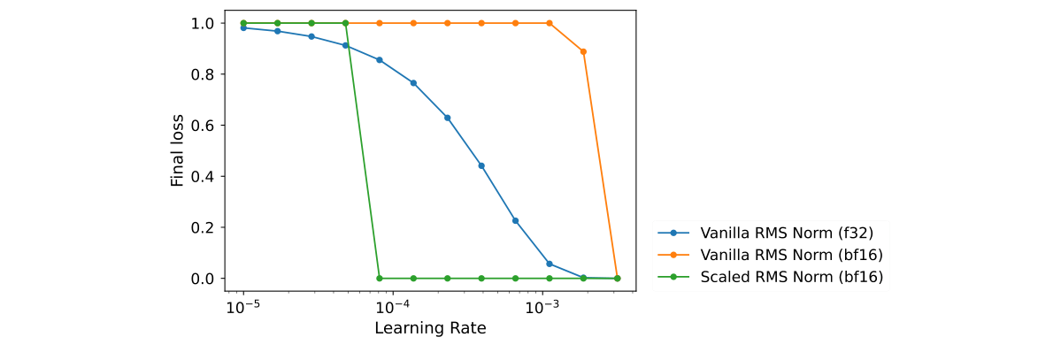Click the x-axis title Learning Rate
430,328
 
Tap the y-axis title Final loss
177,150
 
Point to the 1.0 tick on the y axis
203,23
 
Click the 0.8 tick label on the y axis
203,74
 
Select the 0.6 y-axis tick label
203,126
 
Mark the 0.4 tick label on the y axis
203,176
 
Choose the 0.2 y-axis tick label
203,227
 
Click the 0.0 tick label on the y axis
203,279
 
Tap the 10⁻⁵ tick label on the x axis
242,306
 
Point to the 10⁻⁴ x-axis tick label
392,306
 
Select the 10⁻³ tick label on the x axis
542,306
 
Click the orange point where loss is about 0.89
583,51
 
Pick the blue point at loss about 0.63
447,118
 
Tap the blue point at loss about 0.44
481,165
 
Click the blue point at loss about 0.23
515,220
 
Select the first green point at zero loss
380,278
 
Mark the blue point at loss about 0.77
413,83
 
